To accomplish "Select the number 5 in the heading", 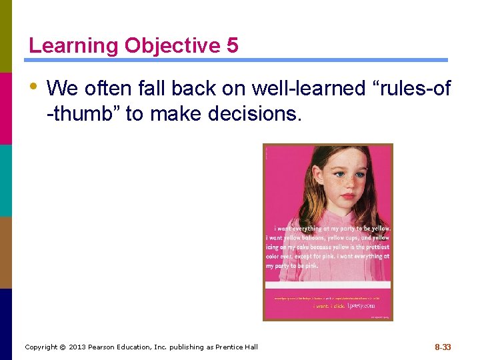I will coord(232,45).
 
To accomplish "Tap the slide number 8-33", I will coord(443,347).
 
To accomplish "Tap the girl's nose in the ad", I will coord(346,187).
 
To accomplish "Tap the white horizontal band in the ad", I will coord(327,285).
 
